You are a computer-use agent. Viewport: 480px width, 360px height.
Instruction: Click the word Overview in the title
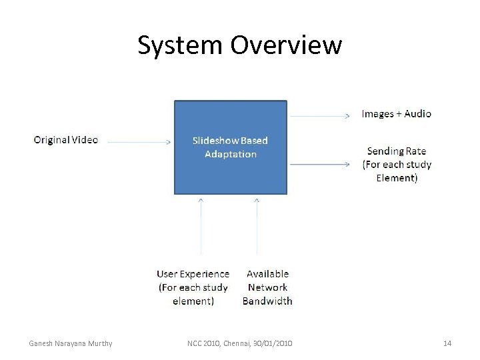pyautogui.click(x=286, y=45)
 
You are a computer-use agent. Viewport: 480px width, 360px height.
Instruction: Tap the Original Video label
pyautogui.click(x=66, y=140)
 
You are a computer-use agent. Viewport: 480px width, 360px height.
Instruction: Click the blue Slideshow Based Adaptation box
pyautogui.click(x=231, y=173)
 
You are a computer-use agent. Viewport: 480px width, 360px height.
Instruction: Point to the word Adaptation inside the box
pyautogui.click(x=231, y=154)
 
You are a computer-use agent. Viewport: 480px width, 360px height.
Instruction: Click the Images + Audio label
pyautogui.click(x=396, y=114)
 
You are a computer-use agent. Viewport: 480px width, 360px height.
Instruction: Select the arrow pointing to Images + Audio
pyautogui.click(x=319, y=116)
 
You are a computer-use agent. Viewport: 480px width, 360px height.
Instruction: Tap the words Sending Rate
pyautogui.click(x=396, y=151)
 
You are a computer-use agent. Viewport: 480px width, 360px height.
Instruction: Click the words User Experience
pyautogui.click(x=193, y=274)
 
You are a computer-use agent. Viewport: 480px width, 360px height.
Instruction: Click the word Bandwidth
pyautogui.click(x=267, y=301)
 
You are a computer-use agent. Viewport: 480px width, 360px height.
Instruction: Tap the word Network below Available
pyautogui.click(x=267, y=287)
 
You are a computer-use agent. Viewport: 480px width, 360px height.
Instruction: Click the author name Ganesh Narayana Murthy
pyautogui.click(x=71, y=343)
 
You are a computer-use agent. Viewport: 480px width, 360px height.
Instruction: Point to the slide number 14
pyautogui.click(x=447, y=343)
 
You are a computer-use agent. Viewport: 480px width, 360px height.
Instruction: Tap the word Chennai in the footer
pyautogui.click(x=235, y=343)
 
